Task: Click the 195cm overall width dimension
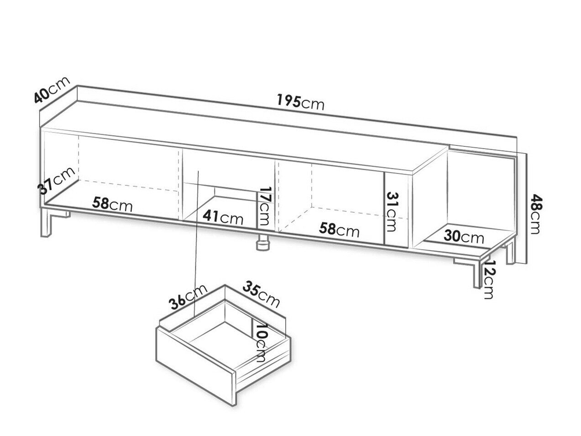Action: click(x=300, y=102)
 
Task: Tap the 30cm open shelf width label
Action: click(x=464, y=236)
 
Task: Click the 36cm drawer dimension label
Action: click(x=188, y=297)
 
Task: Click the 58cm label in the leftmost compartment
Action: click(x=112, y=205)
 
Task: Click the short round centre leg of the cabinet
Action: click(x=264, y=242)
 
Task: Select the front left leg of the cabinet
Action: click(x=47, y=223)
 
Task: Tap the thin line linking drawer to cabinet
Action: click(x=196, y=243)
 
